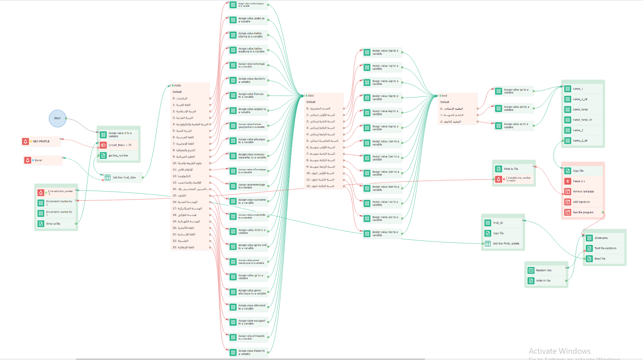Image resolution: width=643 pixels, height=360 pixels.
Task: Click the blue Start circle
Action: click(x=58, y=118)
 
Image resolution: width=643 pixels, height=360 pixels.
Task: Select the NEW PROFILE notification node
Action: click(x=41, y=141)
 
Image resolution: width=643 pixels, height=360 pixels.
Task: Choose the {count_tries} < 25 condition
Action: click(x=120, y=145)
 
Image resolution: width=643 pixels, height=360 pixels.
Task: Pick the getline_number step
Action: click(x=118, y=155)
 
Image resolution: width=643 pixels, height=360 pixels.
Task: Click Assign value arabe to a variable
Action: click(x=251, y=20)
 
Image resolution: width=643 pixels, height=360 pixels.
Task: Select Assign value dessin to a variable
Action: click(x=251, y=80)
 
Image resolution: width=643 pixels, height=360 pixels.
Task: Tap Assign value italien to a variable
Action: click(x=251, y=352)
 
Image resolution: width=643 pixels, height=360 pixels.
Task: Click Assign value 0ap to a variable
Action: click(x=385, y=52)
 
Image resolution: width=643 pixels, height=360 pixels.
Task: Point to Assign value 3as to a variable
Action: click(x=385, y=233)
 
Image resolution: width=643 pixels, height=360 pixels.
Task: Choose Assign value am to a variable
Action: click(x=516, y=108)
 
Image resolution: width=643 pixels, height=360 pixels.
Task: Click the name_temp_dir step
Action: click(x=582, y=120)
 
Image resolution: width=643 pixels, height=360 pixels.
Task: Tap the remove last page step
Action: click(x=583, y=192)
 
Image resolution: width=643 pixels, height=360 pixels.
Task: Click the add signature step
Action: click(x=581, y=202)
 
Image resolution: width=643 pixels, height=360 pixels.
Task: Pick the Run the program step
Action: click(x=583, y=212)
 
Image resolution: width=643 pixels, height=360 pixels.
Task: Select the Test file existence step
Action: click(x=605, y=248)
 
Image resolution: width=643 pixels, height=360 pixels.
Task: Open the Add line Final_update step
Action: click(x=506, y=243)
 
